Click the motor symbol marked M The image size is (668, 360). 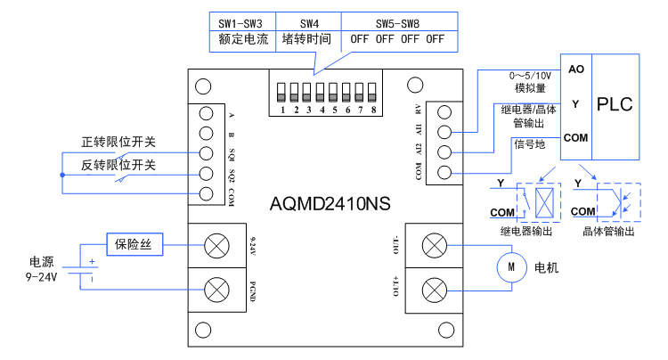pyautogui.click(x=511, y=266)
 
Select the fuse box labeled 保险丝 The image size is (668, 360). pyautogui.click(x=135, y=243)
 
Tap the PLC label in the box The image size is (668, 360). pyautogui.click(x=615, y=104)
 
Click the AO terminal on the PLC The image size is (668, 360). pyautogui.click(x=575, y=70)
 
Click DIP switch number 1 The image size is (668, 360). pyautogui.click(x=282, y=93)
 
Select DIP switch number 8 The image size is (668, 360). pyautogui.click(x=374, y=93)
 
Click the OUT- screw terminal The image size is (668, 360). pyautogui.click(x=433, y=244)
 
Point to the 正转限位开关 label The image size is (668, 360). pyautogui.click(x=118, y=143)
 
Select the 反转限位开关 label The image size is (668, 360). pyautogui.click(x=118, y=165)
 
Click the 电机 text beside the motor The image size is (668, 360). pyautogui.click(x=546, y=266)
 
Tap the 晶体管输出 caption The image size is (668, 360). pyautogui.click(x=607, y=232)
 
